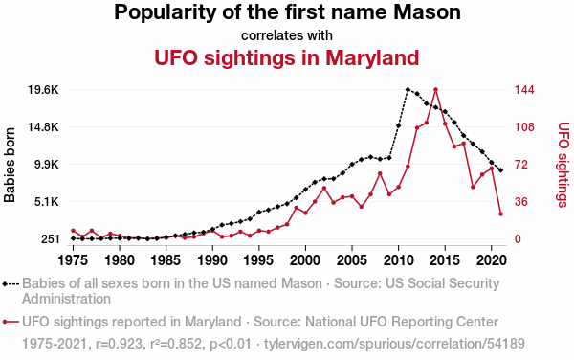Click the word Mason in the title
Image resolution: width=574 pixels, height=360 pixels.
coord(427,11)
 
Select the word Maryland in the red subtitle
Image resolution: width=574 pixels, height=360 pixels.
coord(372,57)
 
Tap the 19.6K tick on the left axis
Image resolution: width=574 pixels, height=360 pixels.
coord(43,90)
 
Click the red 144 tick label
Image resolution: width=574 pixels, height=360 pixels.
coord(524,90)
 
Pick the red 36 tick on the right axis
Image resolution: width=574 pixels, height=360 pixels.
coord(522,202)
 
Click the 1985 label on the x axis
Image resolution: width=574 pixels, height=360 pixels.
coord(166,260)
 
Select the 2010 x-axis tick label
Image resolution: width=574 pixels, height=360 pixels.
coord(399,260)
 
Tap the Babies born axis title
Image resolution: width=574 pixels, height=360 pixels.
coord(10,165)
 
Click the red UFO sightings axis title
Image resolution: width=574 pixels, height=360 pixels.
coord(563,165)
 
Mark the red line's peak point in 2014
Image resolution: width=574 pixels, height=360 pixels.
coord(435,90)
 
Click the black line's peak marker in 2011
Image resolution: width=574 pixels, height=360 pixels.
coord(408,89)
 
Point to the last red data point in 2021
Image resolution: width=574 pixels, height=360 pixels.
coord(500,214)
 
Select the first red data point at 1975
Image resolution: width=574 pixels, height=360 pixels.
coord(74,231)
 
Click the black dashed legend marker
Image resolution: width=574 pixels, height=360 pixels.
coord(11,283)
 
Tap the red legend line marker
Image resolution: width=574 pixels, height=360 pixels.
coord(11,322)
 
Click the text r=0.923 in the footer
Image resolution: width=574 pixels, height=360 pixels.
coord(119,344)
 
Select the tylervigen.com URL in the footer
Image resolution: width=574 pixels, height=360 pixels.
coord(394,344)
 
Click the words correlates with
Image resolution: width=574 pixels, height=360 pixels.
coord(287,35)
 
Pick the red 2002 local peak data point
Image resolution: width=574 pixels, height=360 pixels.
coord(324,189)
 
